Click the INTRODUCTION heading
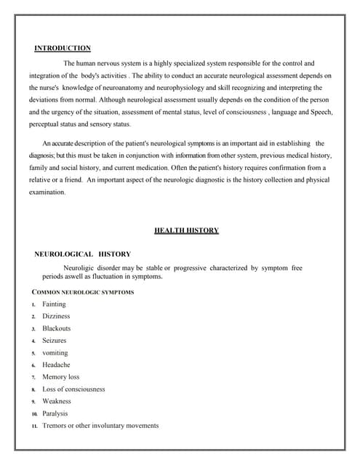pos(63,48)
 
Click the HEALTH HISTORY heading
pos(186,230)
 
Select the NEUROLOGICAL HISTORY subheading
pos(83,254)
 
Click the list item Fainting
pos(54,304)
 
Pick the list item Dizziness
pos(56,317)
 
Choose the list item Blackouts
pos(56,328)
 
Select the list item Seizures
pos(54,341)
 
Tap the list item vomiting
pos(55,352)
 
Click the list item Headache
pos(56,365)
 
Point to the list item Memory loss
pos(61,377)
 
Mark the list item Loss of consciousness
pos(73,389)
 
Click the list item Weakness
pos(57,401)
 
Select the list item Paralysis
pos(55,413)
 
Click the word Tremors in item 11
pos(55,426)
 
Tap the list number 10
pos(33,414)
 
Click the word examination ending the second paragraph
pos(47,193)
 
